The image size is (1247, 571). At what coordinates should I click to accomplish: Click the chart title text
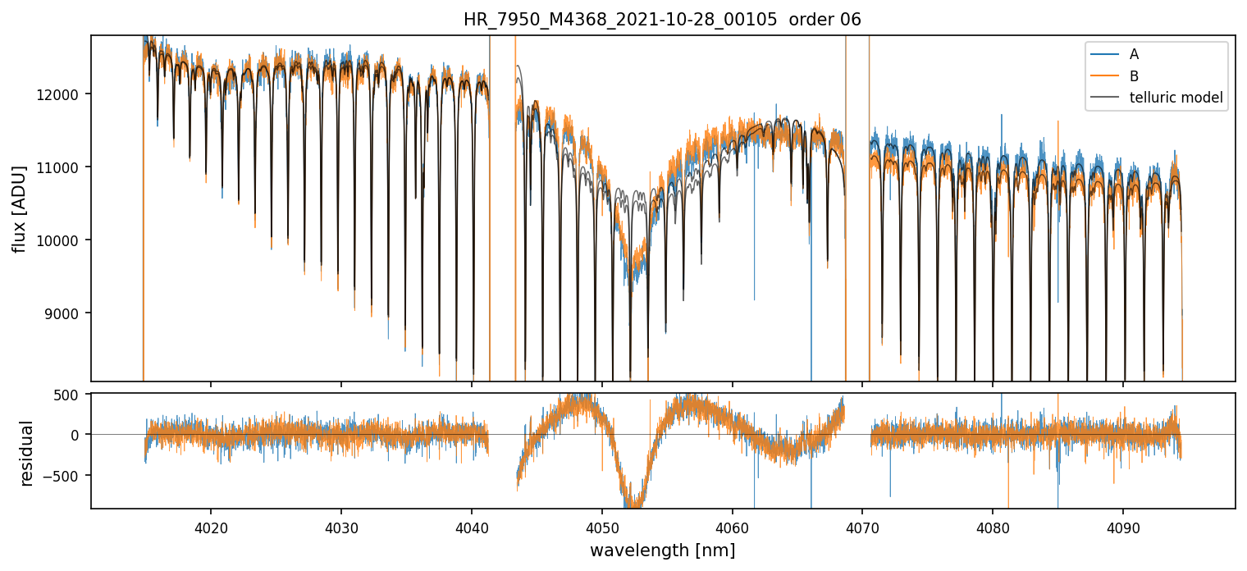pos(662,20)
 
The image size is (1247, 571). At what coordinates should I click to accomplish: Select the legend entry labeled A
pos(1134,55)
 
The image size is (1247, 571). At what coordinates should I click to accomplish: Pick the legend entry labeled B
pos(1134,76)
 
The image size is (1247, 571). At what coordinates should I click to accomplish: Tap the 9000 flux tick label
pos(66,313)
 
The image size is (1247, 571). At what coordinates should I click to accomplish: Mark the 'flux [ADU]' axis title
pos(19,208)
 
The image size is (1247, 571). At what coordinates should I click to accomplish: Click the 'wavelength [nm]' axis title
pos(662,550)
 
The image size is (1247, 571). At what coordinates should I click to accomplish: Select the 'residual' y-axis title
pos(27,453)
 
